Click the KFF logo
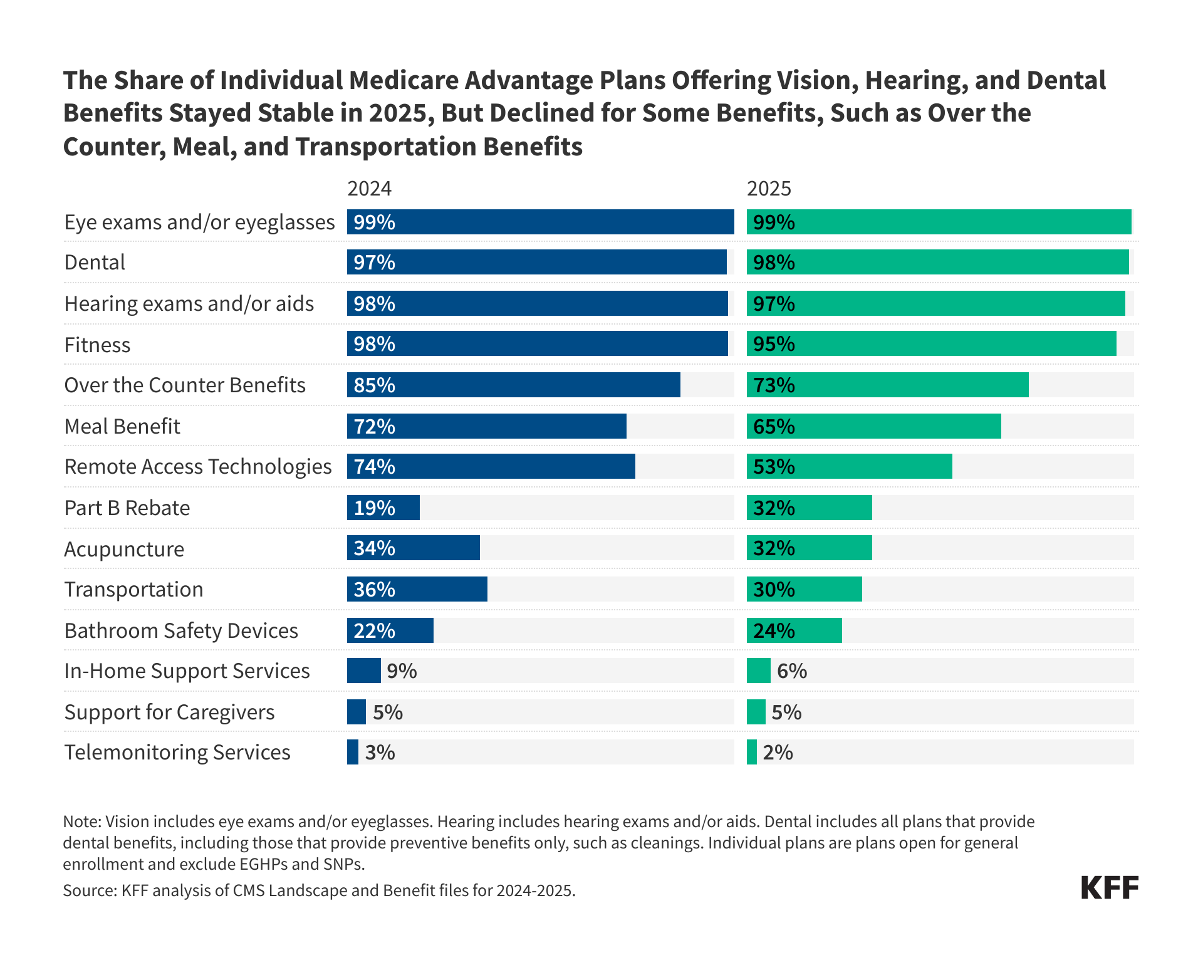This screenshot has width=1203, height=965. pyautogui.click(x=1109, y=887)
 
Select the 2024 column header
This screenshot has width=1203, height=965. pyautogui.click(x=369, y=189)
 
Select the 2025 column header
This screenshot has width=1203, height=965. pyautogui.click(x=769, y=189)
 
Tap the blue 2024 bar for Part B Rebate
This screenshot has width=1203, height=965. pyautogui.click(x=383, y=508)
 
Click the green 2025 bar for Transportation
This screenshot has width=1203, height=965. pyautogui.click(x=805, y=589)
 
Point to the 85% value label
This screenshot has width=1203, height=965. pyautogui.click(x=374, y=385)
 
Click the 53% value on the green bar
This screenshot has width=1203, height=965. pyautogui.click(x=774, y=467)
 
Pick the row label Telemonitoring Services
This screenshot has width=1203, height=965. pyautogui.click(x=177, y=752)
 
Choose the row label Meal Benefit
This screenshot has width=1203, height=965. pyautogui.click(x=122, y=426)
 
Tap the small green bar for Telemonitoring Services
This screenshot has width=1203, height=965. pyautogui.click(x=752, y=752)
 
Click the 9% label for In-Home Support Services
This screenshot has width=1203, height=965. pyautogui.click(x=402, y=671)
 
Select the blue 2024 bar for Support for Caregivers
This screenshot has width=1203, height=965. pyautogui.click(x=357, y=712)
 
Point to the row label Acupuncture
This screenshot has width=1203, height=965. pyautogui.click(x=124, y=549)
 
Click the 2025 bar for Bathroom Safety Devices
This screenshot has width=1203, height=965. pyautogui.click(x=794, y=630)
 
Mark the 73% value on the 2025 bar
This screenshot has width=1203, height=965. pyautogui.click(x=774, y=385)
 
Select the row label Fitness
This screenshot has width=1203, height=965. pyautogui.click(x=97, y=345)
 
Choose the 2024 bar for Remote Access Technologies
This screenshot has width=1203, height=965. pyautogui.click(x=491, y=467)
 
